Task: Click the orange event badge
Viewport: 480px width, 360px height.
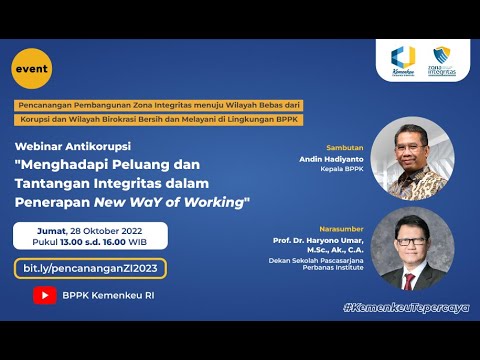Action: (30, 68)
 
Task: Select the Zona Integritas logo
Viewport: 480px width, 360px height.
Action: (443, 63)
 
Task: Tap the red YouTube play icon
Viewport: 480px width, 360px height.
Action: (45, 295)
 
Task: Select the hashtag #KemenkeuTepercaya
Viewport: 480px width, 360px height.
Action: (405, 306)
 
